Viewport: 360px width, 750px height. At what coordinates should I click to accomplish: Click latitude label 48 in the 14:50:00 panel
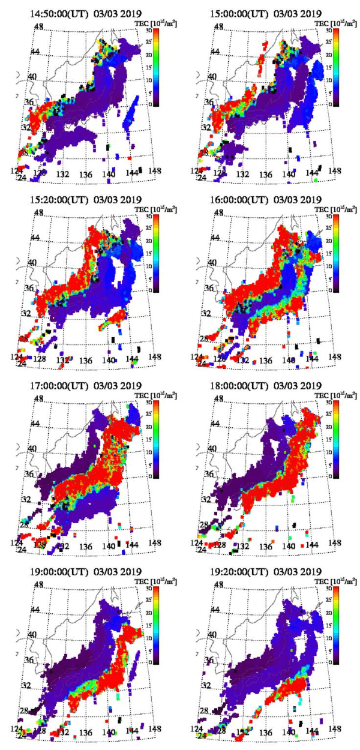coord(38,28)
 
